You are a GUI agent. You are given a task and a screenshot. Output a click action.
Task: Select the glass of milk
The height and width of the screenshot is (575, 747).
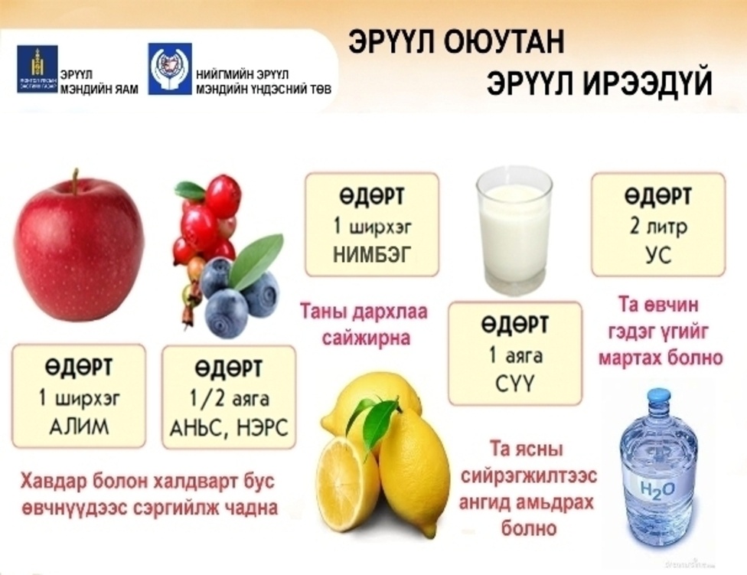(x=514, y=230)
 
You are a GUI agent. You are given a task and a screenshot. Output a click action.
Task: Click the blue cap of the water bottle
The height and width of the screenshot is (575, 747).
(x=657, y=397)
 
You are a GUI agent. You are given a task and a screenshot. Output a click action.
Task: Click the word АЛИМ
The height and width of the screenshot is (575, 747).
(x=79, y=426)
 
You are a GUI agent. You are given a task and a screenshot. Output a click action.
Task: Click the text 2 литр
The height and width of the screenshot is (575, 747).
(x=657, y=227)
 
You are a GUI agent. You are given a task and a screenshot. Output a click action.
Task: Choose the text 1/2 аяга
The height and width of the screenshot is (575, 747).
(x=229, y=400)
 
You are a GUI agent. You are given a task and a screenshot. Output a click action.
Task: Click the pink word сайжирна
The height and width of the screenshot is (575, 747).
(x=364, y=338)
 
